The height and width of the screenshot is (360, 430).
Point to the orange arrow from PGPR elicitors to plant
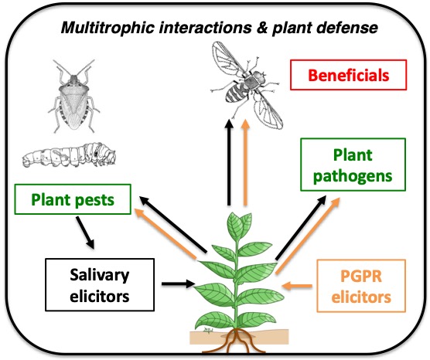coord(295,287)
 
